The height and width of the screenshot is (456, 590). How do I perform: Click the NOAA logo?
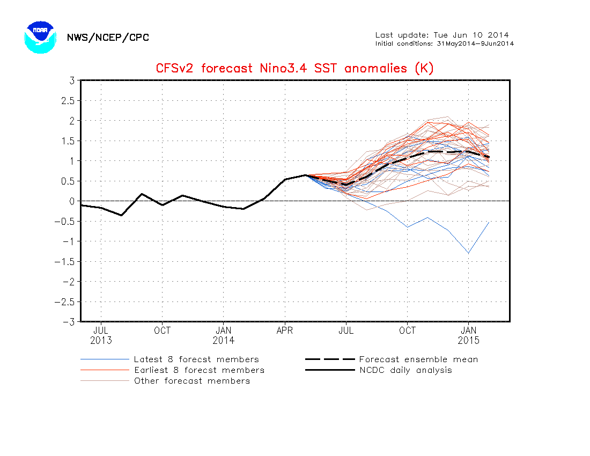40,37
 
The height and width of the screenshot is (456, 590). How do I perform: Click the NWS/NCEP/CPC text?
108,38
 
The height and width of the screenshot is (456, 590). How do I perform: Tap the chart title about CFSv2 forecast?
294,68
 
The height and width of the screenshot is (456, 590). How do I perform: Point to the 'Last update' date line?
442,35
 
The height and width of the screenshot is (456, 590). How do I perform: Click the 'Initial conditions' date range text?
445,43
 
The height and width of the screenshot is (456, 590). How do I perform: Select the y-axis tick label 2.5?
68,100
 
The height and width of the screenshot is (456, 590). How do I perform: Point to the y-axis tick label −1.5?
65,261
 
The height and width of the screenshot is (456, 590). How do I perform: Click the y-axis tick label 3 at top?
72,80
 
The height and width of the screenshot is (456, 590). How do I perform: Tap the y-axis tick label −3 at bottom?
68,322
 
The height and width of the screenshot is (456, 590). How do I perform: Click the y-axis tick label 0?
72,201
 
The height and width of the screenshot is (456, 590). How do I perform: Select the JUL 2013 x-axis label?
101,335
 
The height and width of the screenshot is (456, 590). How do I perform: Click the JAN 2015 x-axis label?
468,335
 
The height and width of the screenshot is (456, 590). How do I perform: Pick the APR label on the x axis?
284,330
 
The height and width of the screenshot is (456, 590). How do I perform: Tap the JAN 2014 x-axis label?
224,335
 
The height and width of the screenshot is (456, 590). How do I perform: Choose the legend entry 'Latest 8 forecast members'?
169,359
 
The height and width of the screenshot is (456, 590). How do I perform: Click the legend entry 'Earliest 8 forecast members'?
172,370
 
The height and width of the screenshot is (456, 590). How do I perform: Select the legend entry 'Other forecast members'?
165,381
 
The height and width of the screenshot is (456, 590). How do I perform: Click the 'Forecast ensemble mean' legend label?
418,359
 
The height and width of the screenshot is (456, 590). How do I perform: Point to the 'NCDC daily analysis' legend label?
405,370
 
